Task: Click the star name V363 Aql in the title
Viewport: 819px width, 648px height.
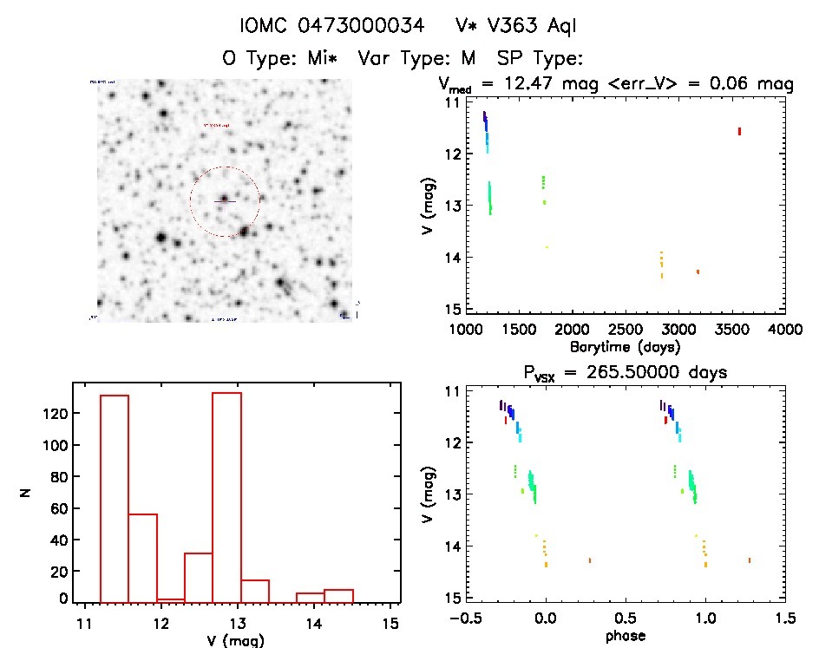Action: coord(528,27)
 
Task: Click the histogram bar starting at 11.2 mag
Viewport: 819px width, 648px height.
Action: coord(115,498)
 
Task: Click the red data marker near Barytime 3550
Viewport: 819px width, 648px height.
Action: coord(739,131)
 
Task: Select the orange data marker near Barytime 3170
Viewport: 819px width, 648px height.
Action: coord(698,272)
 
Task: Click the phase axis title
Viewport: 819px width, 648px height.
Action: coord(625,636)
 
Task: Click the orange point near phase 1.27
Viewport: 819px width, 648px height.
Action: coord(750,560)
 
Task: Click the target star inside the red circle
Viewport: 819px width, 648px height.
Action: coord(224,199)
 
